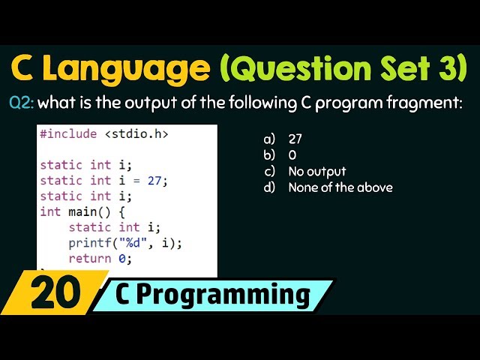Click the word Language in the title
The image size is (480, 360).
pyautogui.click(x=136, y=68)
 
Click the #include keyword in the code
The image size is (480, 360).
pyautogui.click(x=68, y=134)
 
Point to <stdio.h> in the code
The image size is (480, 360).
pyautogui.click(x=136, y=134)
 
